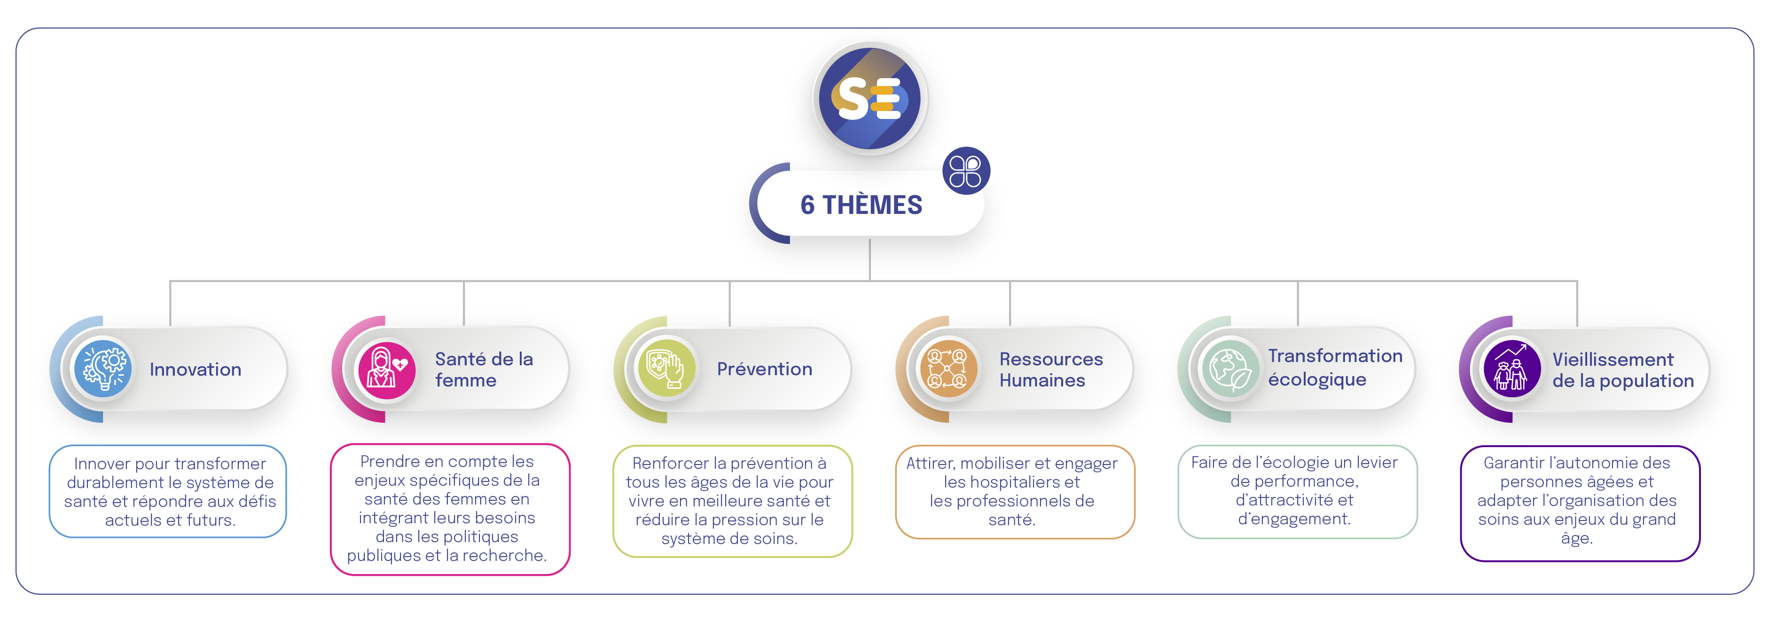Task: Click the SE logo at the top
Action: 870,98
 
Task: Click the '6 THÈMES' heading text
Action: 861,205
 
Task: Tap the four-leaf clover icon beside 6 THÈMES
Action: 965,171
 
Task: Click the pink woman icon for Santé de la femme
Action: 386,369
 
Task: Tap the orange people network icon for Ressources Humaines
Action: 948,369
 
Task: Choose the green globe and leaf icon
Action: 1230,369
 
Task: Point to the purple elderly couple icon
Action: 1512,369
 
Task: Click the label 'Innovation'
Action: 195,370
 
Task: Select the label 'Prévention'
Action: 764,369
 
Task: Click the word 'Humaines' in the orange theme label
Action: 1042,381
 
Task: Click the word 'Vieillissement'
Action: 1613,360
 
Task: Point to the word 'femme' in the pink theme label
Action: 465,381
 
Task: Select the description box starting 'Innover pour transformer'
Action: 168,491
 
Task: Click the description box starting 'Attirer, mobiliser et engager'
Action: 1015,492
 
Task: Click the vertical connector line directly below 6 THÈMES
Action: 870,260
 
